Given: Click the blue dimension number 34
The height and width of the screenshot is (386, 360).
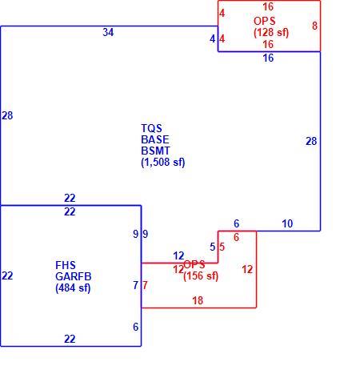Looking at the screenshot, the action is pos(108,32).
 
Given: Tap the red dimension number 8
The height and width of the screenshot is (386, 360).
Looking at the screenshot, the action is pos(314,26).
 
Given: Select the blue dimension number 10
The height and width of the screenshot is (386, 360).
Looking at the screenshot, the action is pos(287,223).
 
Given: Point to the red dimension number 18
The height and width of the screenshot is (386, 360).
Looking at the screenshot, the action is pos(198,301).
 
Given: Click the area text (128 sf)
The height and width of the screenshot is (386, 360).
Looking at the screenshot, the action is pos(271,33).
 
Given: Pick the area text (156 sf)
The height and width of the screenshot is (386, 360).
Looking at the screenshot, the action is pos(201,276).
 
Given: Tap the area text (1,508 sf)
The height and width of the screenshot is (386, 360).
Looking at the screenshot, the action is pos(163,162).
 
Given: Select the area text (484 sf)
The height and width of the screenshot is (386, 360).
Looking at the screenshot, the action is pos(73,288).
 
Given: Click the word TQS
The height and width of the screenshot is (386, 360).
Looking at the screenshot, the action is pos(151,128).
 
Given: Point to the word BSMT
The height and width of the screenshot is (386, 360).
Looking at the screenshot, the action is pos(155,151).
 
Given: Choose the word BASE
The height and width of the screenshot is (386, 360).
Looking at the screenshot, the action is pos(155,139).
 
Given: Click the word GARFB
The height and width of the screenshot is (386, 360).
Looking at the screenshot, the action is pos(74,276).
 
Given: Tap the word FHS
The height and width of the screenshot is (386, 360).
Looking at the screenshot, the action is pos(66,265).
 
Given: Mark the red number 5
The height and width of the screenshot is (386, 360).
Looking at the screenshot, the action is pos(222,247).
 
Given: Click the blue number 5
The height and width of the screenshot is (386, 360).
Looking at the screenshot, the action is pos(212,247).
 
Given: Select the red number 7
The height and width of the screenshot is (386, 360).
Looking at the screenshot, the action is pos(145,285).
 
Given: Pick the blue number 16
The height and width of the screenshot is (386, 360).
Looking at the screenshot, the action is pos(268,58).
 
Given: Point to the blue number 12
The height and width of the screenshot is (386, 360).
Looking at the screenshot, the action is pos(178,256).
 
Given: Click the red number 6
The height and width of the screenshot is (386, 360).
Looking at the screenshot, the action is pos(236,237).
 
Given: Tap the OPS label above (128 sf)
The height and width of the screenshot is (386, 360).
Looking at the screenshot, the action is pos(265,21).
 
